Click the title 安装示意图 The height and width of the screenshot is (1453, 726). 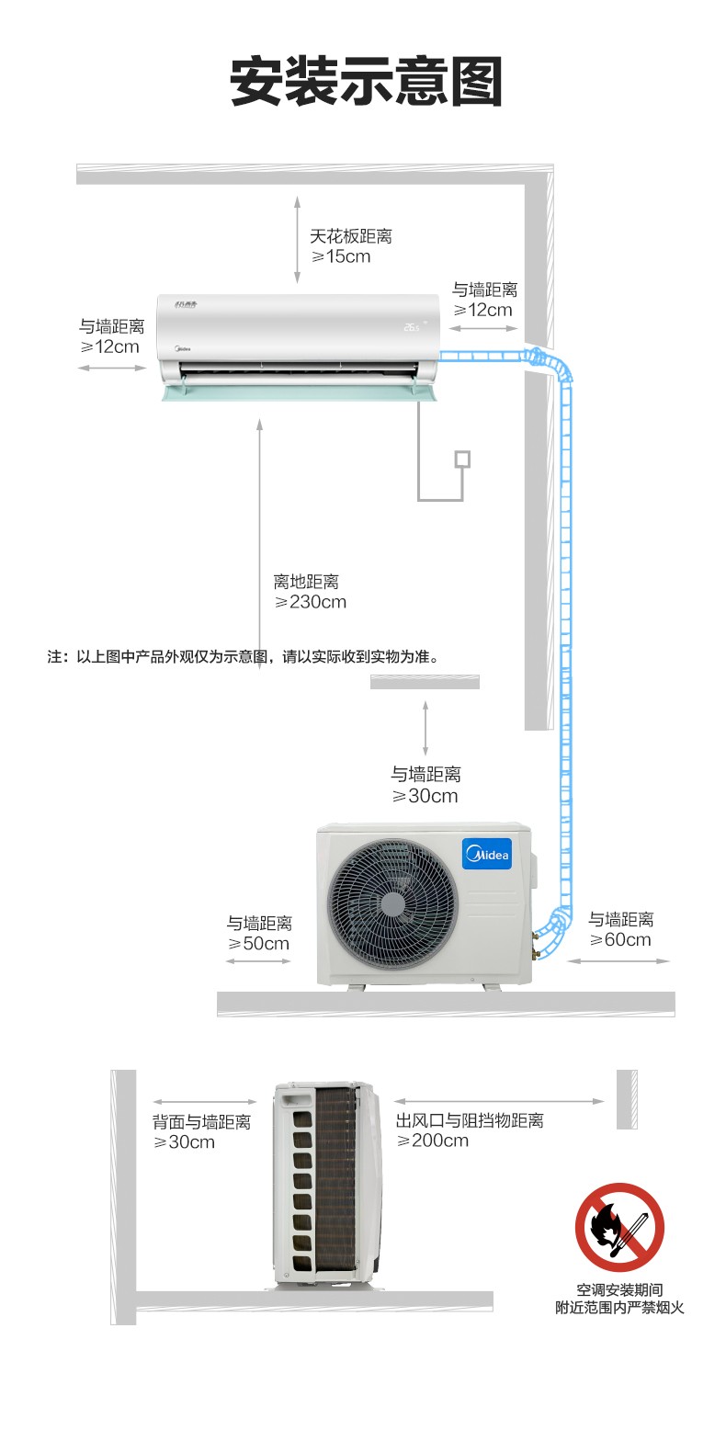(x=367, y=81)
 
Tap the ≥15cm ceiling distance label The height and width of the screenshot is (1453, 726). (x=341, y=256)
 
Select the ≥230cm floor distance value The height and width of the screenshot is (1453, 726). (x=310, y=603)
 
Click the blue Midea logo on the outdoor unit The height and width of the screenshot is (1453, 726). (x=487, y=854)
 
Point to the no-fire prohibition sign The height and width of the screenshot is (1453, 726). (x=619, y=1227)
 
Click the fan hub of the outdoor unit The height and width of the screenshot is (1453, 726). (x=392, y=904)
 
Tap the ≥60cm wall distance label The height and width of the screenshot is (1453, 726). (x=620, y=940)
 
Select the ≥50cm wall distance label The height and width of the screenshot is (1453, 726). (x=258, y=944)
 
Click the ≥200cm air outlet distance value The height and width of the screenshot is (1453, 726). (x=433, y=1141)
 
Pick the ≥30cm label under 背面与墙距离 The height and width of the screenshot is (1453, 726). (x=185, y=1142)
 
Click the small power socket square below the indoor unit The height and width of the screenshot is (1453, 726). (x=462, y=460)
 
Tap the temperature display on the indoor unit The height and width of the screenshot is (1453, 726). (x=412, y=327)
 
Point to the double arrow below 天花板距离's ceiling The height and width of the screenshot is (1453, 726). (x=297, y=240)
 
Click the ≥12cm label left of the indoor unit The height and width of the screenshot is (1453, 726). (x=109, y=347)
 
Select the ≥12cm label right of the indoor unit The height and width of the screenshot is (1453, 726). (x=482, y=310)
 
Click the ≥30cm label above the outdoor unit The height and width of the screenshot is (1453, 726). (x=425, y=796)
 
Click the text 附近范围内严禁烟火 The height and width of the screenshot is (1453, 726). (x=619, y=1308)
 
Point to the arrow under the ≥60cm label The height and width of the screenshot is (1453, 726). (x=618, y=960)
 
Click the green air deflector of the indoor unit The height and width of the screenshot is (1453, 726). (x=299, y=392)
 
